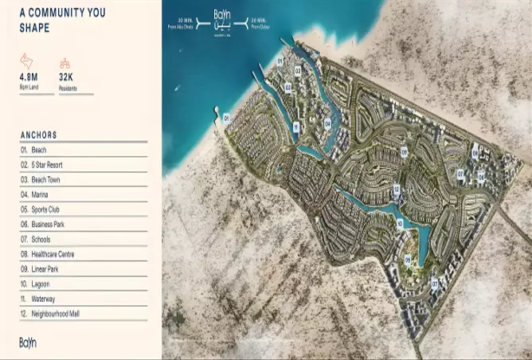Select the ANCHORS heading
click(39, 135)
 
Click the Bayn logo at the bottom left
click(28, 342)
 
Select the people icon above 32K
click(65, 63)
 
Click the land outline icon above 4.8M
click(26, 61)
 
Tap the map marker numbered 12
click(396, 190)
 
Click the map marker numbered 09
click(404, 151)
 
